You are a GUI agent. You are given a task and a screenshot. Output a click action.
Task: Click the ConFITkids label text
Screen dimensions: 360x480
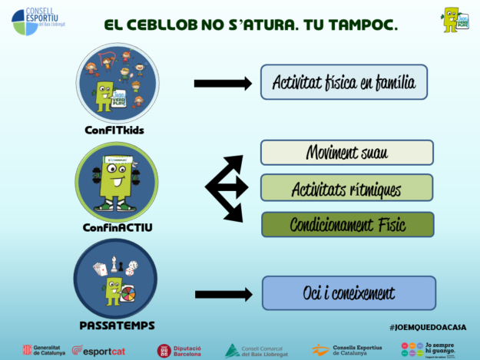coord(114,130)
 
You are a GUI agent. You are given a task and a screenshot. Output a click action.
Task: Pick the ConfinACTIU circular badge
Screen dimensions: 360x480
coord(116,182)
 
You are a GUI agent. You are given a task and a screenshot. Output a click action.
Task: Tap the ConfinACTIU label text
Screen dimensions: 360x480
coord(118,227)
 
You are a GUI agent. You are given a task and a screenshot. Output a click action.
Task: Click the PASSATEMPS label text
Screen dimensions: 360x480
coord(116,325)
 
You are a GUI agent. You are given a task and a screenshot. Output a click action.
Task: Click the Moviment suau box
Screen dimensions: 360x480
coord(346,153)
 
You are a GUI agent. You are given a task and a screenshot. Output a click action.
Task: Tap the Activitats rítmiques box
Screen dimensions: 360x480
coord(346,188)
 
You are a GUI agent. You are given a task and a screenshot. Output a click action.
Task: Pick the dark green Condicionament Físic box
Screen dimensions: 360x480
coord(347,225)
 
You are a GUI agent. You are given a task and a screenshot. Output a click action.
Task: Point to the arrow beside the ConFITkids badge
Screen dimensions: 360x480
coord(223,84)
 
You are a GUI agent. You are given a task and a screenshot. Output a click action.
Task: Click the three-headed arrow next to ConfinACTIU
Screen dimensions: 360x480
coord(226,187)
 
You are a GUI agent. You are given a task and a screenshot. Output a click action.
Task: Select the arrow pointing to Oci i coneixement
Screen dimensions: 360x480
coord(223,294)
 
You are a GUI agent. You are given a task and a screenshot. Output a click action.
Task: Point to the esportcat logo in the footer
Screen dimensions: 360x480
coord(98,350)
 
